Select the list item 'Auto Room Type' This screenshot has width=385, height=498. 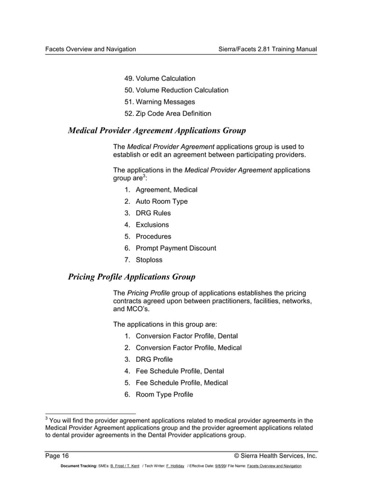(x=161, y=201)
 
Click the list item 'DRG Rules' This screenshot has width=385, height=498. (x=153, y=213)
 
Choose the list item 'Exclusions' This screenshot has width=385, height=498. (x=152, y=225)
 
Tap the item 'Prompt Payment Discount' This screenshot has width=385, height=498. (x=176, y=248)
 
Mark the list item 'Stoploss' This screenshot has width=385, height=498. (x=148, y=260)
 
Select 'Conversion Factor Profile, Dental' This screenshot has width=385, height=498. (x=186, y=336)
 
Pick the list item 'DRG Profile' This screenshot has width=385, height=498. (x=154, y=359)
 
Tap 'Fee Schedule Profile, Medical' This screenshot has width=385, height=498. (x=182, y=383)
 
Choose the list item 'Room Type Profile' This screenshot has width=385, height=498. (x=164, y=394)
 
